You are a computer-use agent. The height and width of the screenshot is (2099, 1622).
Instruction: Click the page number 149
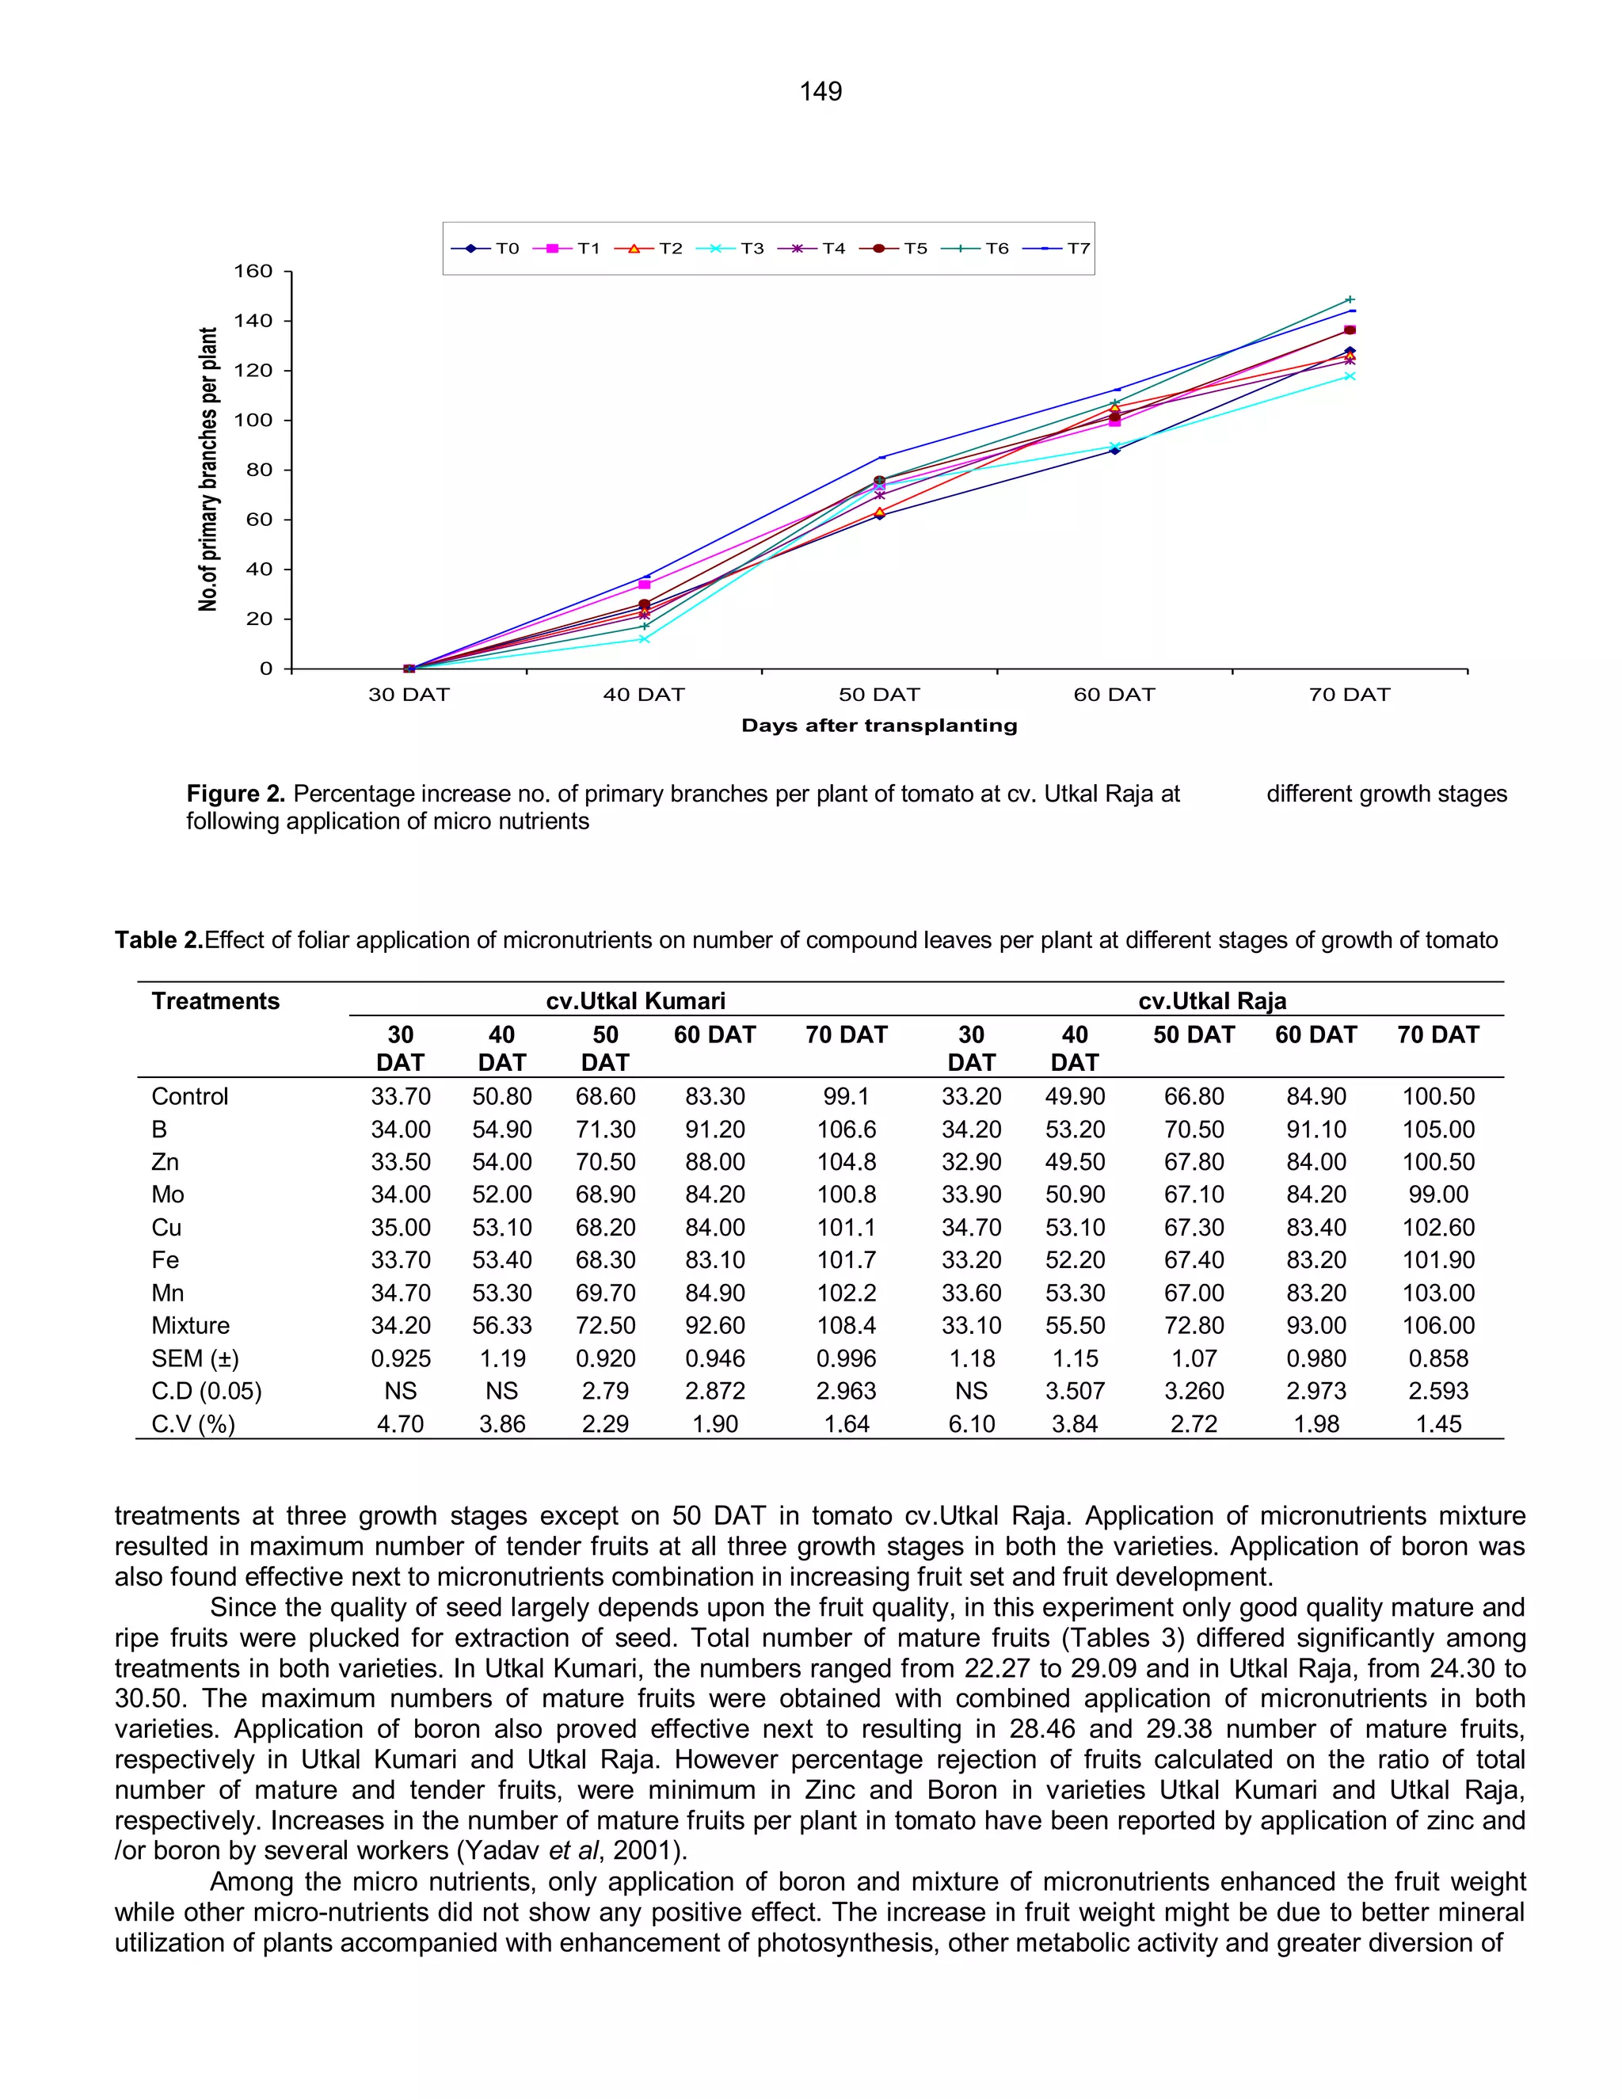(x=820, y=91)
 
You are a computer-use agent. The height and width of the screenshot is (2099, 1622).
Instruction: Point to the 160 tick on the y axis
(x=253, y=271)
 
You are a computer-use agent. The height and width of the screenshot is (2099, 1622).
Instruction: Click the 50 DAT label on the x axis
(x=878, y=695)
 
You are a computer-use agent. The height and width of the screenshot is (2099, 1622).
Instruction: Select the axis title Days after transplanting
(x=878, y=726)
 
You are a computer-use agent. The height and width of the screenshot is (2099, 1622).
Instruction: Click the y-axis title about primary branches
(x=208, y=469)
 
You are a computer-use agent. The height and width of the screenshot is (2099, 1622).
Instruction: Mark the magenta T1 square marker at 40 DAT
(x=644, y=585)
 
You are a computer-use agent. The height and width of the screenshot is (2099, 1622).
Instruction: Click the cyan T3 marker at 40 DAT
(x=644, y=638)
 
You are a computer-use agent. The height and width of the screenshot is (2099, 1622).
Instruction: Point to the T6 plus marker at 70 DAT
(x=1349, y=300)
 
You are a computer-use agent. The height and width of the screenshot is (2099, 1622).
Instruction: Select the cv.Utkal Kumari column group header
(x=635, y=1000)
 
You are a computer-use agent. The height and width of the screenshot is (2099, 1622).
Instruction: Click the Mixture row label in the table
(x=190, y=1325)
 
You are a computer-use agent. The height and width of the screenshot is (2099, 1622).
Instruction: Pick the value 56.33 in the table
(x=501, y=1325)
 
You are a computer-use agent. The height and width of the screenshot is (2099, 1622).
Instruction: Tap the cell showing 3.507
(x=1074, y=1391)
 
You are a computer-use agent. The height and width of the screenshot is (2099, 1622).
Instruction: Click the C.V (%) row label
(x=193, y=1423)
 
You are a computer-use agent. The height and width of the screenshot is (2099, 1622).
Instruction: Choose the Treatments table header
(x=215, y=1000)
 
